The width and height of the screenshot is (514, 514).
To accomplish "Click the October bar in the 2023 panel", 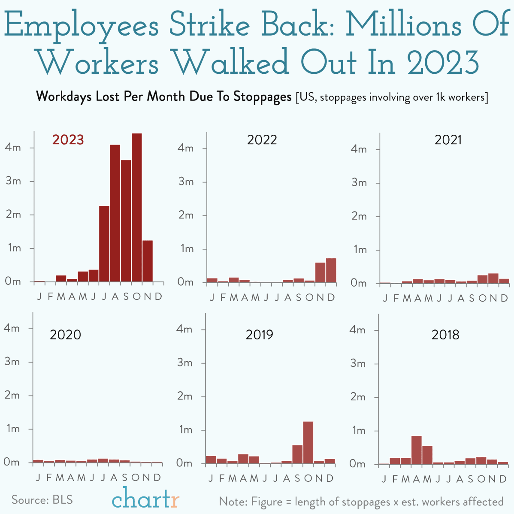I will pos(136,208).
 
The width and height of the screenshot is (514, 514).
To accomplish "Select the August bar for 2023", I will pos(115,213).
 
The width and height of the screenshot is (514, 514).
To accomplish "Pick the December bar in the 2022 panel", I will pos(331,270).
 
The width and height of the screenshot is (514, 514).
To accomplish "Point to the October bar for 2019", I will pos(308,442).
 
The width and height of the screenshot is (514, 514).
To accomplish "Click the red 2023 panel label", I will pos(68,140).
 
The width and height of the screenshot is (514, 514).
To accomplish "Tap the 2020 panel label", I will pos(65,335).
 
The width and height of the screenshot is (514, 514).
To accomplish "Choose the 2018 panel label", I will pos(445,335).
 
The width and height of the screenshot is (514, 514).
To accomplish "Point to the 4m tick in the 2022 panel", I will pos(186,148).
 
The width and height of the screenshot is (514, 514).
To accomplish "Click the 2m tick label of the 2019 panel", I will pos(185,396).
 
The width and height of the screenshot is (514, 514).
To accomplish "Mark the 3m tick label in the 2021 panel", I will pos(359,183).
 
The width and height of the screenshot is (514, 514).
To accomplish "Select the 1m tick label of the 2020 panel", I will pos(12,429).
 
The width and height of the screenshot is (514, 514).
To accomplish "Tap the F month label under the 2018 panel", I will pos(395,479).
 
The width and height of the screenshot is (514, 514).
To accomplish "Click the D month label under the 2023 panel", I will pos(158,296).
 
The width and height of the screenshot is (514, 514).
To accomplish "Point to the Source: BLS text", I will pos(42,500).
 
